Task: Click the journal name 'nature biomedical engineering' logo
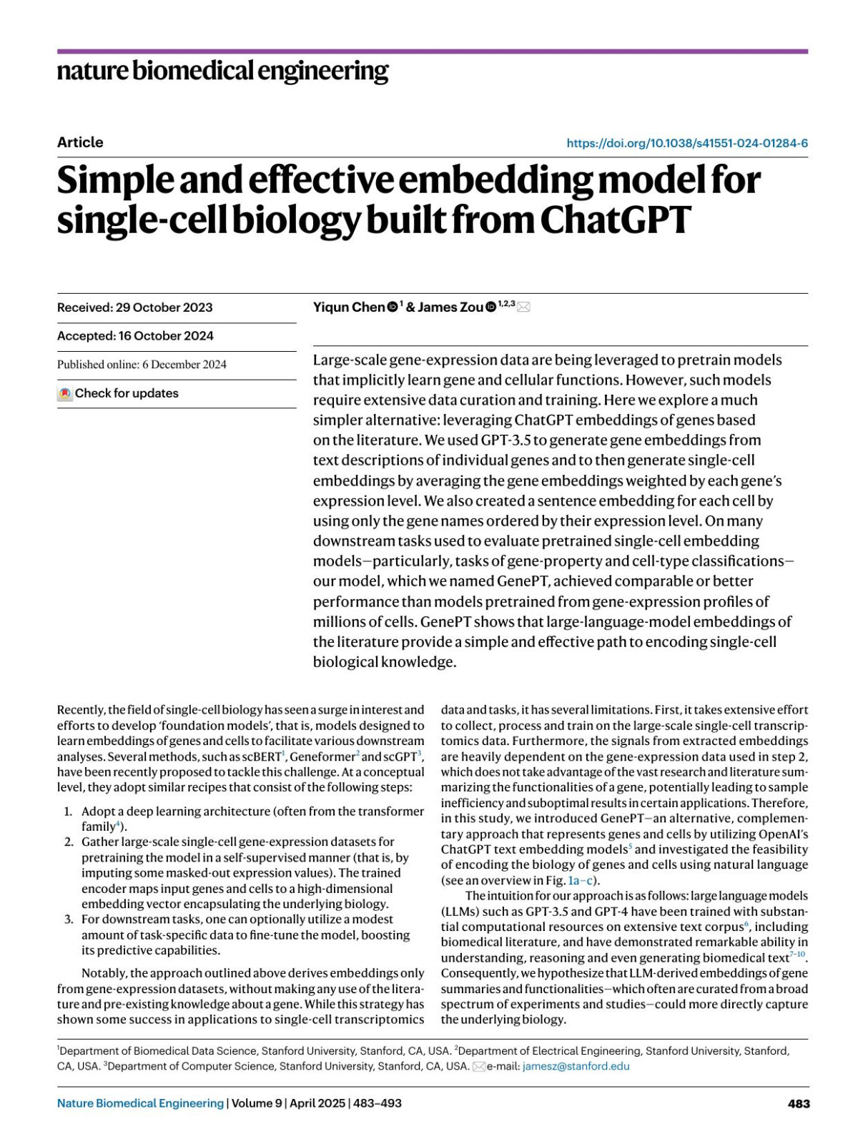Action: coord(222,71)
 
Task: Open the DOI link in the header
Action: coord(687,143)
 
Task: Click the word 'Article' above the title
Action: coord(80,142)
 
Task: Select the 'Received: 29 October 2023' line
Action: coord(135,307)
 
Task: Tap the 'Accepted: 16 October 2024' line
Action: coord(135,336)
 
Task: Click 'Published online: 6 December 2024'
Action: coord(142,365)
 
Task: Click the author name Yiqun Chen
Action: coord(349,307)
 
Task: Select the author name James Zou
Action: coord(450,307)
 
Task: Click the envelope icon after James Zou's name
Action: coord(523,307)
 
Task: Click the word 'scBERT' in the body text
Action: coord(261,756)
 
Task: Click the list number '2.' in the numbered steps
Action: coord(69,842)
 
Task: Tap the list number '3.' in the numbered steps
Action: coord(69,919)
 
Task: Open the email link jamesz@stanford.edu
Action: coord(576,1066)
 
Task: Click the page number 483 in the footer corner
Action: coord(799,1103)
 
